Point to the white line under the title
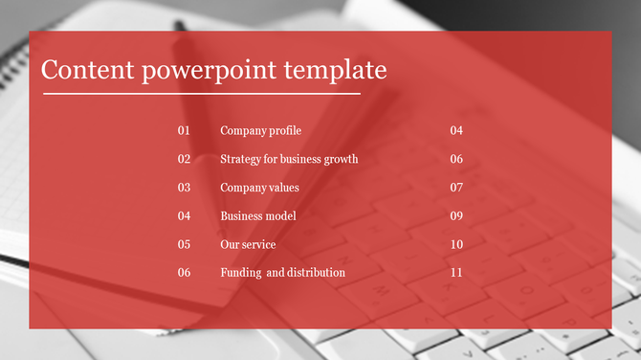coord(201,94)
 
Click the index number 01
coord(185,130)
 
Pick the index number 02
coord(185,159)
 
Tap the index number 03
coord(185,188)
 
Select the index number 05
coord(185,244)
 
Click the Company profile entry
coord(260,130)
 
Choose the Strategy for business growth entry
coord(289,159)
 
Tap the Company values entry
coord(259,188)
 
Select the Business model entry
coord(258,215)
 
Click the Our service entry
coord(248,244)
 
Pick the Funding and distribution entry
coord(282,273)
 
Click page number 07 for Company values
coord(456,188)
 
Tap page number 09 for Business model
coord(456,215)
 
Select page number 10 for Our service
coord(456,244)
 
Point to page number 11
coord(456,273)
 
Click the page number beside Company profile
coord(456,130)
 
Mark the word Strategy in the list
coord(240,159)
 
